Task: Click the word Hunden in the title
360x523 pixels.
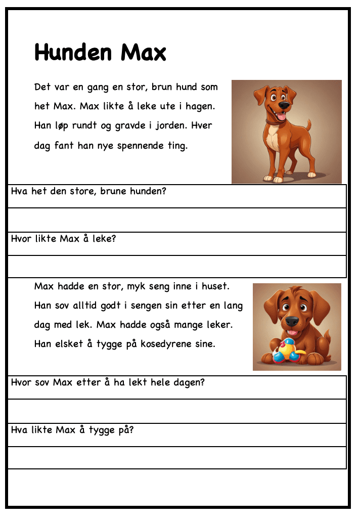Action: (74, 52)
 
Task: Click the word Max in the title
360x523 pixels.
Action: (143, 52)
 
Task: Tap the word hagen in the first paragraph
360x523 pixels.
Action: (201, 106)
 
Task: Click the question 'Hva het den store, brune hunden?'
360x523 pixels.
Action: (88, 192)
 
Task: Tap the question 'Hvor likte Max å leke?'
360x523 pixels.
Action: (63, 239)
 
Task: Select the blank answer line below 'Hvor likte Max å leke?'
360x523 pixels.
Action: (177, 267)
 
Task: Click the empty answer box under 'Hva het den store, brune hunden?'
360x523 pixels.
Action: (177, 220)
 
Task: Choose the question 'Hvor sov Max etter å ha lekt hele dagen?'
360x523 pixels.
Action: (108, 383)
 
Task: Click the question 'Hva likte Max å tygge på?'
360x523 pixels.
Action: (72, 430)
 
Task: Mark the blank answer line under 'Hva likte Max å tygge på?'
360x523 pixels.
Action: (177, 458)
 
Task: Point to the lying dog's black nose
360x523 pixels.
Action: (292, 321)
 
